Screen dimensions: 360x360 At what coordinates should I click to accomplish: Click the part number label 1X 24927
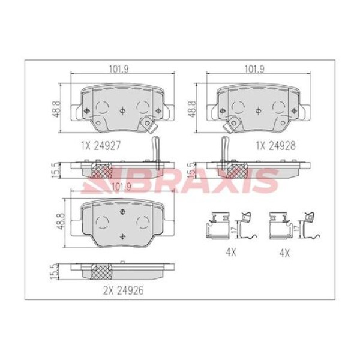click(x=101, y=146)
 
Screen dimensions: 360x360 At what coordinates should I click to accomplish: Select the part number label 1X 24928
click(x=276, y=146)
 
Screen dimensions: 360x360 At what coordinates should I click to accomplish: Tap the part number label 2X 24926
click(x=124, y=290)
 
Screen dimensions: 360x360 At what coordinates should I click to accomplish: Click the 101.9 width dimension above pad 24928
click(x=254, y=69)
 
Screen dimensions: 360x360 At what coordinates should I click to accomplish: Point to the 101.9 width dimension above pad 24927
click(x=119, y=69)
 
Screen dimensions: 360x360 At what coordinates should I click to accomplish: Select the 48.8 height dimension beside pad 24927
click(x=58, y=109)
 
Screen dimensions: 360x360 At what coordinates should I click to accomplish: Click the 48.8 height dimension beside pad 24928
click(x=193, y=109)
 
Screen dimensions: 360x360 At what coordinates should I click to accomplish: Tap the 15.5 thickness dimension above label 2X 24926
click(x=53, y=272)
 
